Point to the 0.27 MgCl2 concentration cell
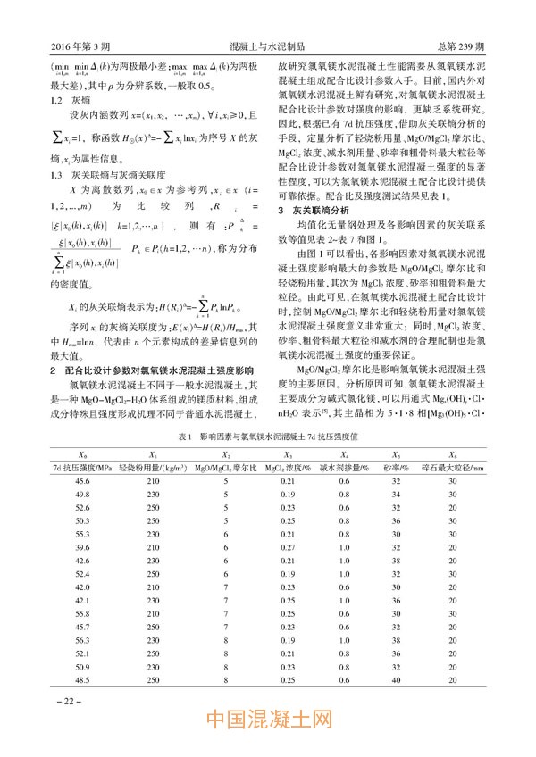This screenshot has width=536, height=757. pos(289,546)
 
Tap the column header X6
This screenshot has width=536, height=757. pos(454,453)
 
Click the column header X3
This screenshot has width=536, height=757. pos(289,453)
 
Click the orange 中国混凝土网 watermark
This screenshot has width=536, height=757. pos(269,720)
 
